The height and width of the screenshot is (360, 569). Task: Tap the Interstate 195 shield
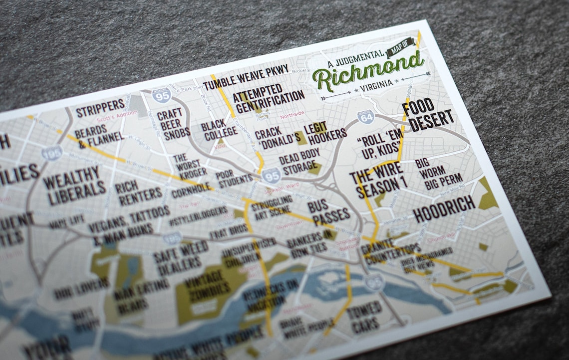(52, 153)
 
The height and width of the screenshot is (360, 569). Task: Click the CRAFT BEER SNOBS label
(173, 124)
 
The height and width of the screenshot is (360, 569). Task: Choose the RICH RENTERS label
(138, 192)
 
